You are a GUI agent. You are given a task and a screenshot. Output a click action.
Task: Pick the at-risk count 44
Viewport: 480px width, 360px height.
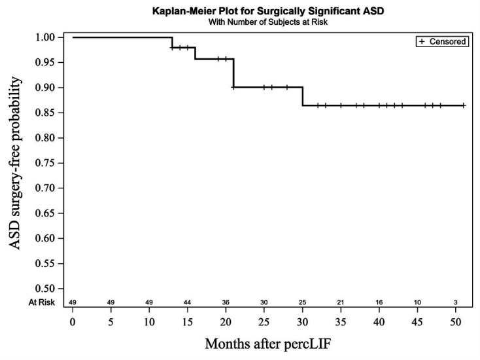(x=188, y=302)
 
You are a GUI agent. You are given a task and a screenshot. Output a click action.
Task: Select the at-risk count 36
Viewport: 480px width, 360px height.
(x=226, y=302)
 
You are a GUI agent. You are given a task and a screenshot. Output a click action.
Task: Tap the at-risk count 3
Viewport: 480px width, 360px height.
(x=456, y=302)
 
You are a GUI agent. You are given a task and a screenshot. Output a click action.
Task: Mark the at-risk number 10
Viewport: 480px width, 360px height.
(x=417, y=302)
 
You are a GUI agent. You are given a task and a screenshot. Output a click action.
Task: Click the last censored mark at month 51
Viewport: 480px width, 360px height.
(x=463, y=105)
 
